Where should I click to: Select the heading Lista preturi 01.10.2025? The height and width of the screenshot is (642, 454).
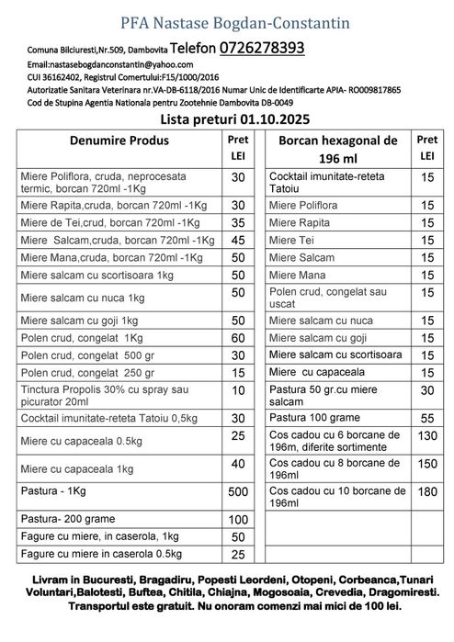(x=225, y=119)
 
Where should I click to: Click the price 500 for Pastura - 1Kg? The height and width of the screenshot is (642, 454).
(x=238, y=491)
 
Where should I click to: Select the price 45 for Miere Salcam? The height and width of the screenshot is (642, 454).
(x=238, y=240)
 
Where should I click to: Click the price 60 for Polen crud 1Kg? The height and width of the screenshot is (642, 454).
(x=238, y=338)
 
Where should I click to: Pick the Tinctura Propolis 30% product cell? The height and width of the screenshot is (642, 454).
(x=115, y=396)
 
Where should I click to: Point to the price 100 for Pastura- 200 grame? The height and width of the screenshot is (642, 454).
(x=238, y=520)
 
